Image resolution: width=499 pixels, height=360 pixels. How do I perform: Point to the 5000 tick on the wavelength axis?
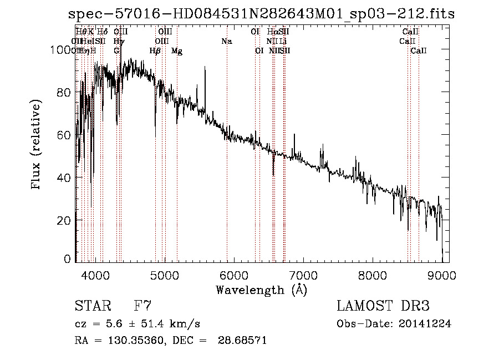(165, 274)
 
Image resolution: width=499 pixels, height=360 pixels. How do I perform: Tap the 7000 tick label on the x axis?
(303, 274)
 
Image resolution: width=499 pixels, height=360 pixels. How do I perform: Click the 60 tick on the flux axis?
(64, 135)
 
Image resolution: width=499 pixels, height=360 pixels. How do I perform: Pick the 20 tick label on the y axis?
(64, 220)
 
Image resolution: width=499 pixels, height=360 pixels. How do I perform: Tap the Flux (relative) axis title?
(37, 145)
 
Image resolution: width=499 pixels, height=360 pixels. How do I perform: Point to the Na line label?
(226, 41)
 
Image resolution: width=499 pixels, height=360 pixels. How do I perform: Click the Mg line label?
(177, 51)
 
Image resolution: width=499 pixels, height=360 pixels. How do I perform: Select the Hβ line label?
(155, 51)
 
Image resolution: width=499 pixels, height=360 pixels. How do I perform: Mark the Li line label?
(283, 41)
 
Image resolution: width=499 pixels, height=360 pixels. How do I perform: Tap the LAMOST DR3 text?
(383, 306)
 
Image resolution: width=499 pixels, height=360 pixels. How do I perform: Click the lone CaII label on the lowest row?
(419, 51)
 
